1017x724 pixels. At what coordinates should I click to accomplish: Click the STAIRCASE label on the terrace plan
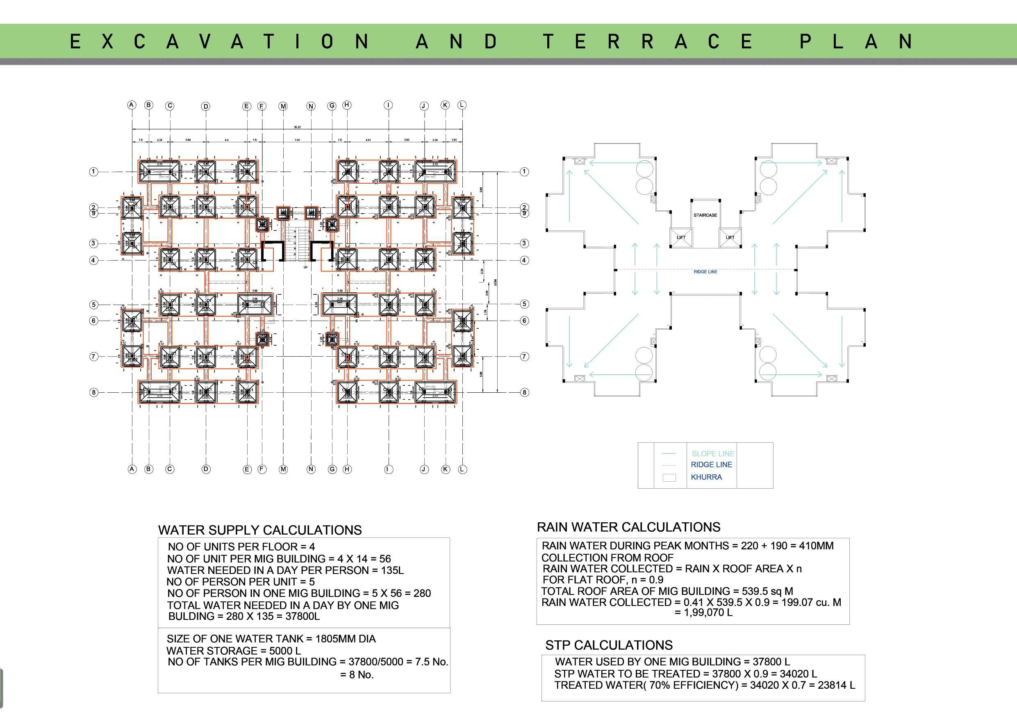coord(705,215)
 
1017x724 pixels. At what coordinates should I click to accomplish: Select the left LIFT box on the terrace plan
coord(681,238)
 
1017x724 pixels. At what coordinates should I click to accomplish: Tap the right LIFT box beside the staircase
coord(730,238)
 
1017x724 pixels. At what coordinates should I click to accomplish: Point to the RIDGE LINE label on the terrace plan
coord(705,272)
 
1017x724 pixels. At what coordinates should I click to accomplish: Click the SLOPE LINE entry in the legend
coord(712,454)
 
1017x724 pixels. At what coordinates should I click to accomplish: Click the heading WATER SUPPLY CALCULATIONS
coord(260,530)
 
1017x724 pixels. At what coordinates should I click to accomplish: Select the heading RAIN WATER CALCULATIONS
coord(628,527)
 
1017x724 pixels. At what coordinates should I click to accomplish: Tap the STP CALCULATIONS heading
coord(609,645)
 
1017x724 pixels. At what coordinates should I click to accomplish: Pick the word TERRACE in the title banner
coord(648,42)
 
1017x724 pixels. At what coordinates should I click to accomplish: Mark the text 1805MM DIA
coord(346,639)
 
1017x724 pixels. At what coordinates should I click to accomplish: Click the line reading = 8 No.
coord(357,674)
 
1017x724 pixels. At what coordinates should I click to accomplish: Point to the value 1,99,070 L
coord(704,612)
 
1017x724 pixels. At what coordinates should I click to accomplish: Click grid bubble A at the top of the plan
coord(132,105)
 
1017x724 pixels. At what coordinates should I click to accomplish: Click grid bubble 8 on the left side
coord(93,392)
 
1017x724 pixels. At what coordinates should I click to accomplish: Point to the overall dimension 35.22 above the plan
coord(297,127)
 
